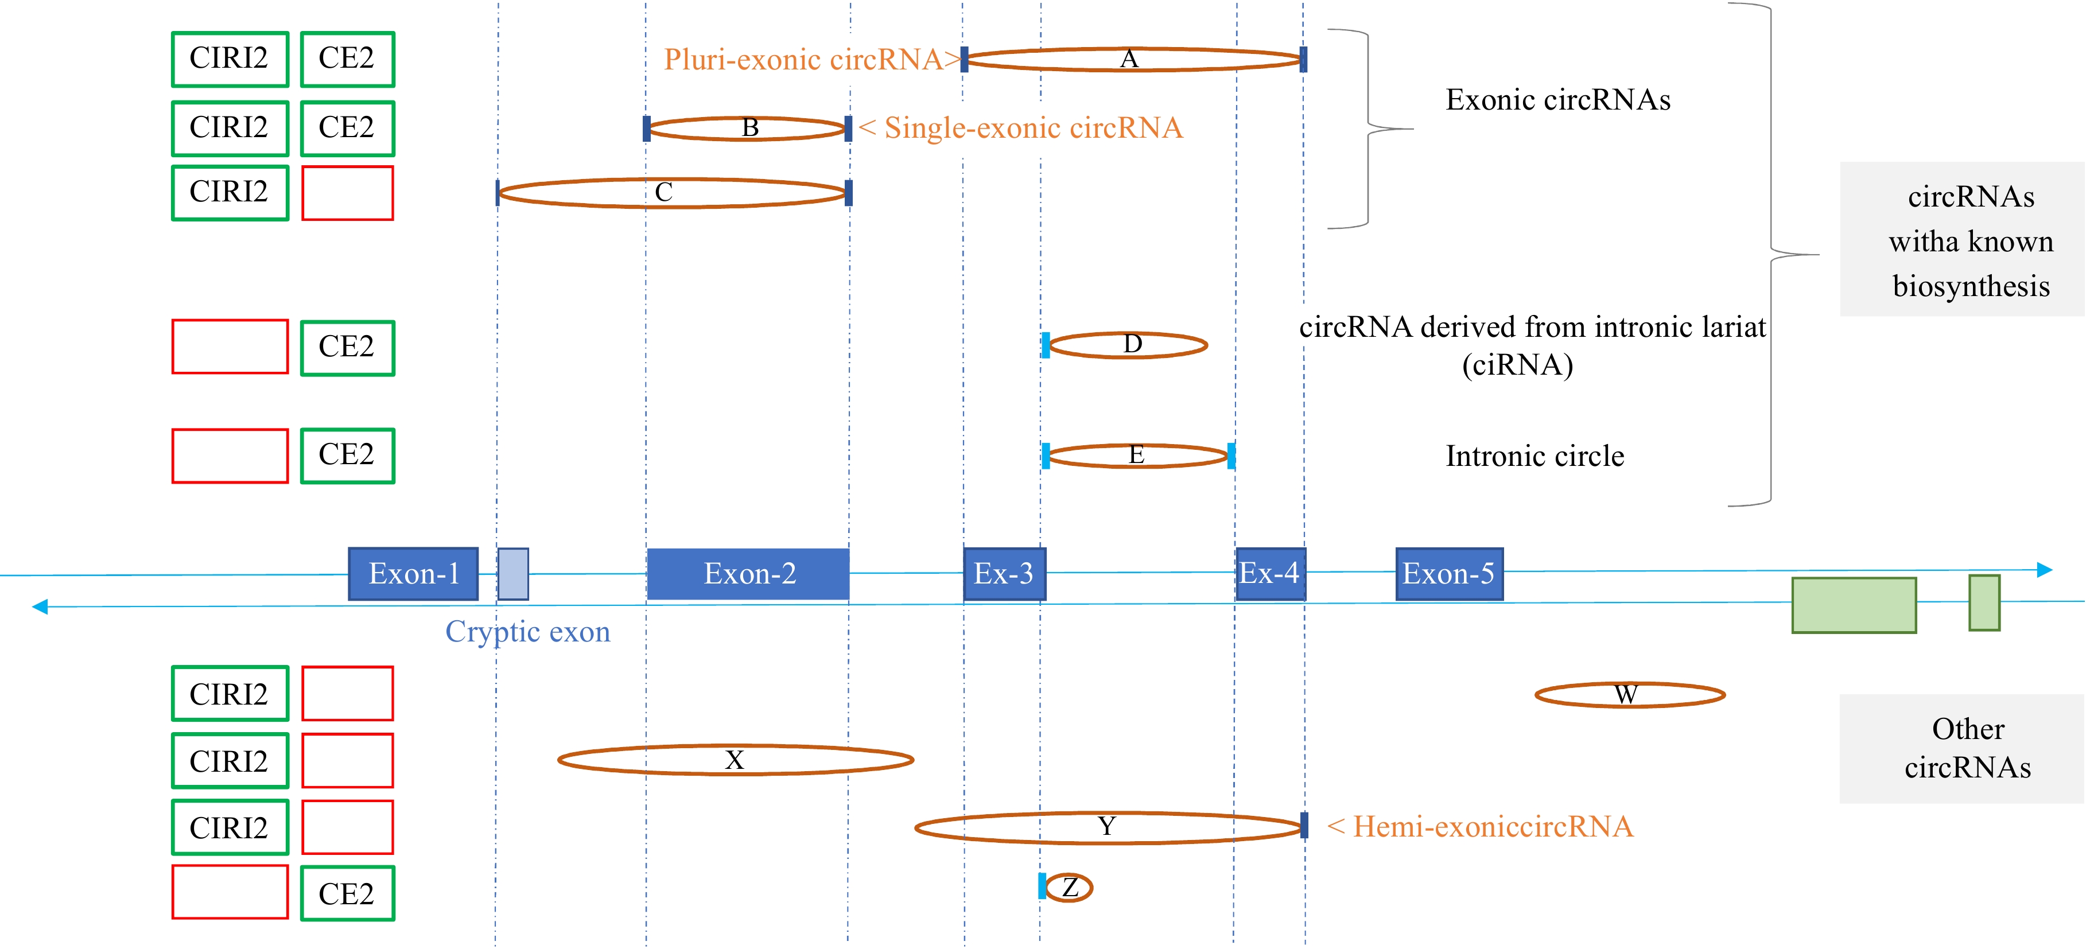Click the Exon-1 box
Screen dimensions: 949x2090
tap(413, 573)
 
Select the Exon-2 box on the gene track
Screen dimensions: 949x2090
tap(748, 573)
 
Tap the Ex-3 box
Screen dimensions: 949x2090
tap(1004, 573)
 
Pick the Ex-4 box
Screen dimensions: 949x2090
tap(1270, 573)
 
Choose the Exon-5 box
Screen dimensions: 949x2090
tap(1448, 573)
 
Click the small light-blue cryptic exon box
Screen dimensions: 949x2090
tap(513, 573)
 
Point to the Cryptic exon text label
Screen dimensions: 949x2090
tap(527, 632)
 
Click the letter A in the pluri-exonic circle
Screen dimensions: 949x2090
tap(1129, 59)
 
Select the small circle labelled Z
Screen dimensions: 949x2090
tap(1069, 888)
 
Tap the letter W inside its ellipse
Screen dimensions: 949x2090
tap(1625, 694)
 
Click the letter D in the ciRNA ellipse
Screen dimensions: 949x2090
tap(1133, 344)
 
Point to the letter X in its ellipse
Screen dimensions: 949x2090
tap(735, 760)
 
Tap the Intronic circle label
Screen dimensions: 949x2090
tap(1535, 456)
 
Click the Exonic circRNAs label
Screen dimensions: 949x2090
tap(1558, 100)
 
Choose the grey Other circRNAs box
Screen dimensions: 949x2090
tap(1968, 748)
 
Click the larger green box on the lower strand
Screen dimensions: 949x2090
tap(1854, 605)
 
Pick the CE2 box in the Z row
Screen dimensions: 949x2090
tap(347, 893)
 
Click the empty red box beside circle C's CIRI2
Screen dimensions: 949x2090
tap(347, 193)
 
